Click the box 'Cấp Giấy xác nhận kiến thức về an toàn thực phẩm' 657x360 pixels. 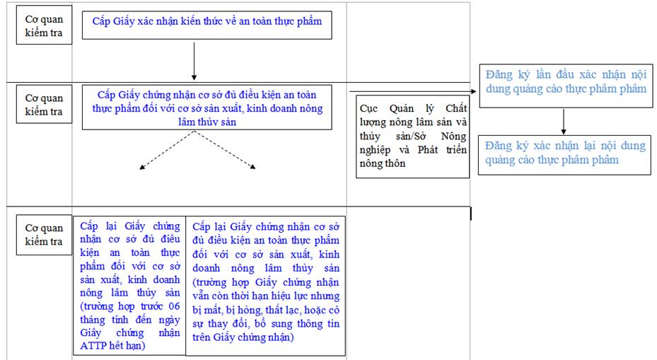[x=207, y=25]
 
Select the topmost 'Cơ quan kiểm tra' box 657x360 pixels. [x=44, y=25]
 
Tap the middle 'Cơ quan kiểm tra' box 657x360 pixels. [x=44, y=104]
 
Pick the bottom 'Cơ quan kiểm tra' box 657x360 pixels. [x=44, y=235]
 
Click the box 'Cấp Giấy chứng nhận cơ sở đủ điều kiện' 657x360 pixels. [x=207, y=108]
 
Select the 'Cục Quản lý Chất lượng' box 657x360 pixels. [x=413, y=137]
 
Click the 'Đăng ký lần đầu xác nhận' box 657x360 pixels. [x=566, y=86]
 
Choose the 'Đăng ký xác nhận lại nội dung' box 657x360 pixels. [x=564, y=155]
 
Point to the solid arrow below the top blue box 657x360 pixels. [x=194, y=62]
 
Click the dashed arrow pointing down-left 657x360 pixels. [x=167, y=150]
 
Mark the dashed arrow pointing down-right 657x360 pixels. [x=225, y=150]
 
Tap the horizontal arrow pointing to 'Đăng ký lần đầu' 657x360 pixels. [x=413, y=91]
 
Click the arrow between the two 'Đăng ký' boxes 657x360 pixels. [x=564, y=122]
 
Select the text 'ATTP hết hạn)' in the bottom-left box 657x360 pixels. [x=112, y=346]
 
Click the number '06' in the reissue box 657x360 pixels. [x=174, y=306]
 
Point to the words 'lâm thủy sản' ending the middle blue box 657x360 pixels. [x=207, y=122]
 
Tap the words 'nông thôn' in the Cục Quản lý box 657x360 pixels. [x=383, y=163]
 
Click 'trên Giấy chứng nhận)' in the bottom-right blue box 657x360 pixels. [x=243, y=337]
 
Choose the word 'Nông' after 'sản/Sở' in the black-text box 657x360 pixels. [x=453, y=137]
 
